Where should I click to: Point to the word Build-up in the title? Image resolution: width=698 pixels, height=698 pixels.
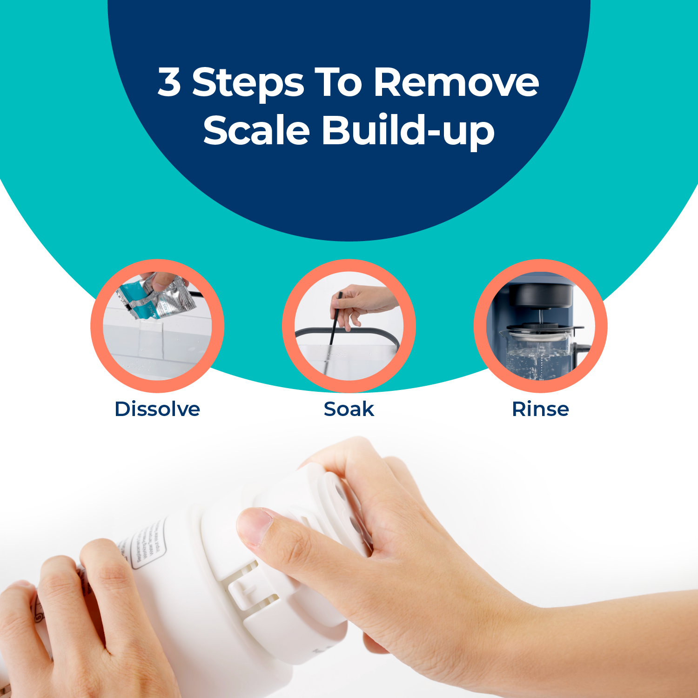click(408, 131)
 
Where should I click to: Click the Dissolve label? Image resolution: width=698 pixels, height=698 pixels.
click(157, 409)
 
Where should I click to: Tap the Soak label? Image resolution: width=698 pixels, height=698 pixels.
click(349, 409)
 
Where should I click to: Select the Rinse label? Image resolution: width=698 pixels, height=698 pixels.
click(540, 409)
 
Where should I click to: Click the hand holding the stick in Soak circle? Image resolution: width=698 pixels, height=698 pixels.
click(363, 302)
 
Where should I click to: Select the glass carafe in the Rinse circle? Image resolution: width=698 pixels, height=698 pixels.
click(535, 356)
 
